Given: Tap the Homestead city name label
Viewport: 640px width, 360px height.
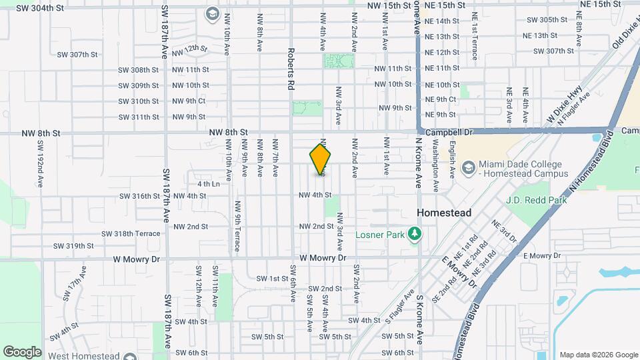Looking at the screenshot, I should click(443, 213).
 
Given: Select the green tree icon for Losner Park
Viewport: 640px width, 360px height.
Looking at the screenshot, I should click(415, 233).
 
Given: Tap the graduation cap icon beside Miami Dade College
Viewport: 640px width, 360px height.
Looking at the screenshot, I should click(468, 166).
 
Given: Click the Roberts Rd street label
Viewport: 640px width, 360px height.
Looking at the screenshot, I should click(291, 69).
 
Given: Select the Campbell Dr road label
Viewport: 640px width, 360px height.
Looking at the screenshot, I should click(449, 133).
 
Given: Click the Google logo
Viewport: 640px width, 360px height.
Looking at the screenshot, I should click(22, 351).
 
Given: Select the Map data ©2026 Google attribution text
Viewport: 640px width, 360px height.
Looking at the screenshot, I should click(598, 355).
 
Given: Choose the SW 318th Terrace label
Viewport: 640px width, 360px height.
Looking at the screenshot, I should click(131, 233).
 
